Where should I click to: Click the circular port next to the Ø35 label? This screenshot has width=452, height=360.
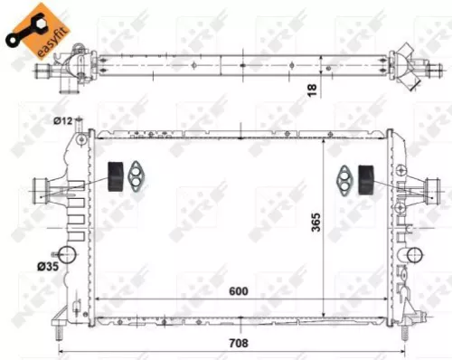(x=68, y=254)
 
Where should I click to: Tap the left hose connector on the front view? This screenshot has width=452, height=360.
(x=42, y=189)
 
